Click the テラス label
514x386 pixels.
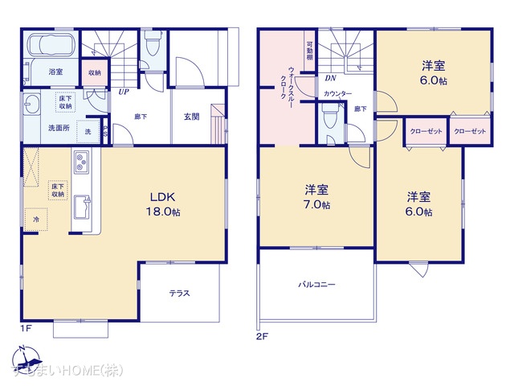pyautogui.click(x=179, y=293)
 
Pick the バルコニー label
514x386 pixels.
pyautogui.click(x=316, y=285)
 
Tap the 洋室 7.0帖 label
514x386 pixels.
pyautogui.click(x=316, y=198)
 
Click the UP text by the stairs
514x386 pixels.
pyautogui.click(x=124, y=92)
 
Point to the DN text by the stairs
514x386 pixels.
pyautogui.click(x=330, y=79)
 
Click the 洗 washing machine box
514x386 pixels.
pyautogui.click(x=88, y=131)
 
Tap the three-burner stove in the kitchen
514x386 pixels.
pyautogui.click(x=84, y=162)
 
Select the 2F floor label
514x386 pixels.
pyautogui.click(x=262, y=335)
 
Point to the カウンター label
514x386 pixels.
pyautogui.click(x=337, y=94)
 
